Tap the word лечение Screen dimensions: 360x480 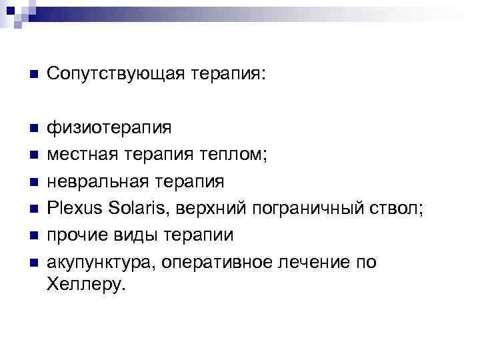(317, 263)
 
